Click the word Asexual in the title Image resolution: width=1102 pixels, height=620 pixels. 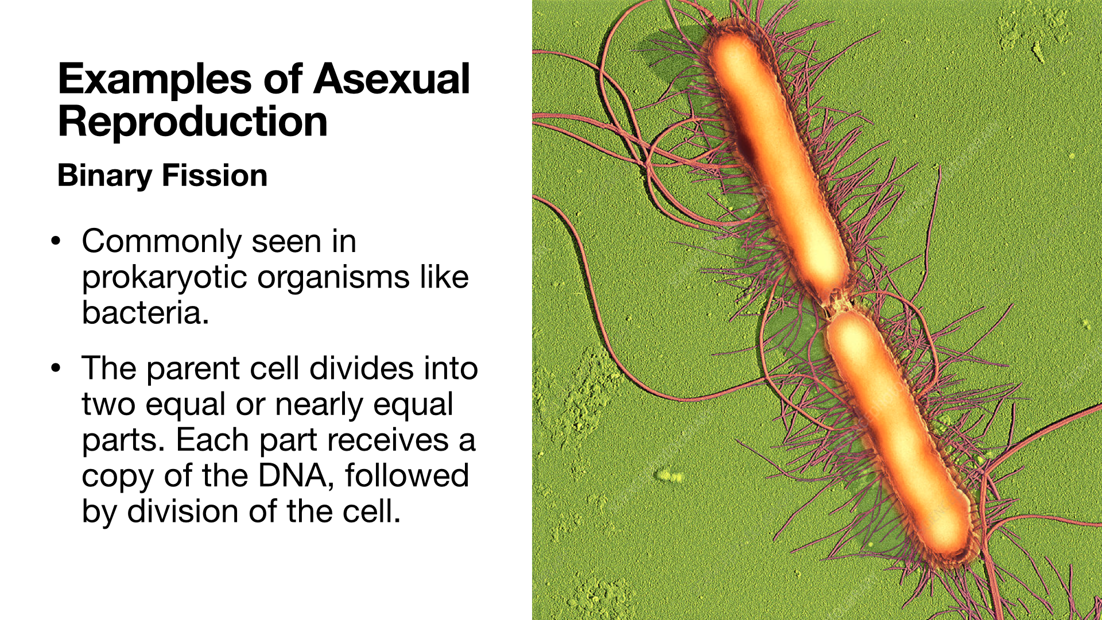click(392, 79)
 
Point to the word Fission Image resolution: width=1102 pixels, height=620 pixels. click(215, 175)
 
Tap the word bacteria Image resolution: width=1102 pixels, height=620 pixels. click(145, 313)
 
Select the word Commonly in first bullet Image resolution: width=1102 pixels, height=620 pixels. click(162, 242)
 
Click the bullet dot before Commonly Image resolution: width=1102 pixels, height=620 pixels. click(56, 241)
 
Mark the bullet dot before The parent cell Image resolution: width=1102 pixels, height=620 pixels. click(56, 368)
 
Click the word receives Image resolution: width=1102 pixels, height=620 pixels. click(388, 441)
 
